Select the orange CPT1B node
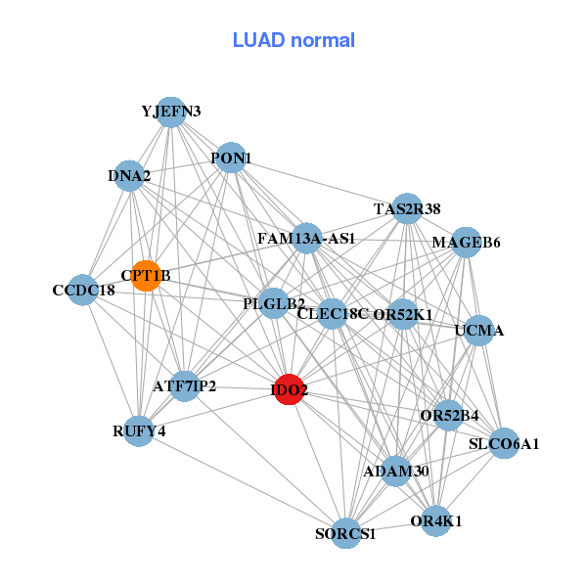[146, 276]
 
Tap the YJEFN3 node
[171, 112]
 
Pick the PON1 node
[231, 158]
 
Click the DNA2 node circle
[129, 176]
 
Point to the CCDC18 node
[83, 291]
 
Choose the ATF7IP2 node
[184, 386]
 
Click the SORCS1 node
[345, 533]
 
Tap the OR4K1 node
[436, 520]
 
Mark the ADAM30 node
[396, 472]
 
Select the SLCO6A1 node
[504, 443]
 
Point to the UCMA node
[479, 331]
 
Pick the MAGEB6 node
[466, 243]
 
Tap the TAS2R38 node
[407, 208]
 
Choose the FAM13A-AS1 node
[306, 238]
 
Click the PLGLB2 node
[274, 303]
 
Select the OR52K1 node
[403, 314]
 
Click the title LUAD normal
[293, 40]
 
